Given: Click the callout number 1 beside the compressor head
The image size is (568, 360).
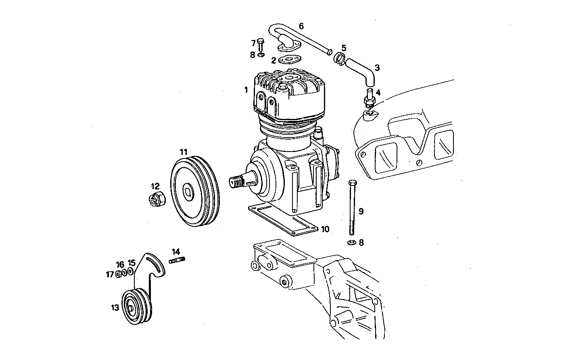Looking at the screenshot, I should point(246,90).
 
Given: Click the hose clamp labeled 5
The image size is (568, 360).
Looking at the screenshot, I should point(340,58).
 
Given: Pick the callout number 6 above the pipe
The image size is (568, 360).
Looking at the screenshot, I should point(301,26).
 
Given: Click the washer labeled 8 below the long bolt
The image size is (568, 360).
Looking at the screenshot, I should point(351,243).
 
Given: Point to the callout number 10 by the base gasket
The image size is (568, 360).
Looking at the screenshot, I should point(325,229).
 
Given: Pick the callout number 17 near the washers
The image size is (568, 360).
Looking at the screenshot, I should point(110,274).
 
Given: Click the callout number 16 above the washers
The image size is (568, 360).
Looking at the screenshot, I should point(120,264).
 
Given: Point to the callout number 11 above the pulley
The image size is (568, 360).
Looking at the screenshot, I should point(184,152).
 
